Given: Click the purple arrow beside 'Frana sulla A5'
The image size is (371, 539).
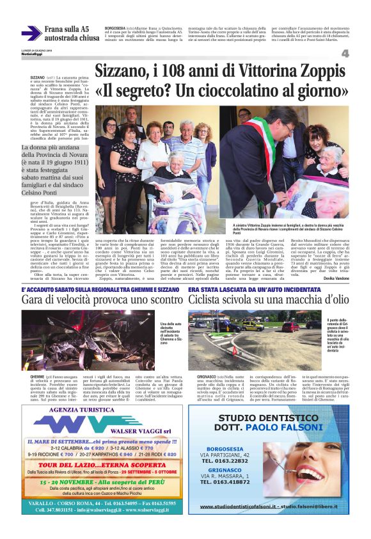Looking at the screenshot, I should (x=31, y=33).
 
